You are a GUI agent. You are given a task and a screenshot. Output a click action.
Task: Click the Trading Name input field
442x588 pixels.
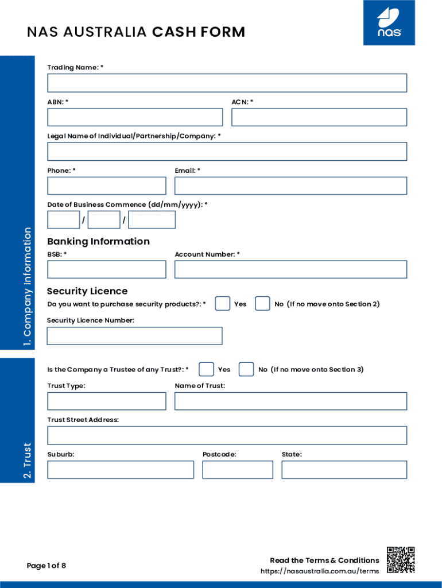(x=227, y=83)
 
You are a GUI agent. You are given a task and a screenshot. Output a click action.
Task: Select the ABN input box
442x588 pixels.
(x=135, y=117)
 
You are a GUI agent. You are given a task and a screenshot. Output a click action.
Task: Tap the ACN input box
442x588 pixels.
(x=319, y=117)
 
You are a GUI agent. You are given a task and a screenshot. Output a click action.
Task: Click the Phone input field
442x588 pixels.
(x=107, y=185)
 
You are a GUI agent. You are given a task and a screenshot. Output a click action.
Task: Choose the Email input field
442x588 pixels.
(x=290, y=185)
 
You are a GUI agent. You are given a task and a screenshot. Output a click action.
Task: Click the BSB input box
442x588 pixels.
(x=107, y=269)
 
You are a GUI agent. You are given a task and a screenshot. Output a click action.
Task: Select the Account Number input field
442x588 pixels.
(x=290, y=269)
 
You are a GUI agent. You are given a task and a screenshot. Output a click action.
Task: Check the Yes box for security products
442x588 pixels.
(x=223, y=304)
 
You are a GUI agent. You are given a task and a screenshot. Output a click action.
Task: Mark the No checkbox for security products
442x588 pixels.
(x=262, y=304)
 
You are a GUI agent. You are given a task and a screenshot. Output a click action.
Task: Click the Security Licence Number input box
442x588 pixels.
(x=134, y=336)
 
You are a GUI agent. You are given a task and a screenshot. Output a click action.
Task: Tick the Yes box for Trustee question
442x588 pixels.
(x=207, y=369)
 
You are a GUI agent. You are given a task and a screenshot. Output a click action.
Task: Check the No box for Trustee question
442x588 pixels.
(x=246, y=369)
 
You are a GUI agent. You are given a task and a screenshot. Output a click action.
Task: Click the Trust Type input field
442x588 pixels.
(x=107, y=401)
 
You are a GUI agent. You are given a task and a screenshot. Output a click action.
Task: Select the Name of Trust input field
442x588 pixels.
(x=290, y=401)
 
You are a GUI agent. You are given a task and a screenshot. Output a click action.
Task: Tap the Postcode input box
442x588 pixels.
(x=238, y=470)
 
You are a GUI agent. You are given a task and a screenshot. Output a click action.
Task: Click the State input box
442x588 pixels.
(x=344, y=470)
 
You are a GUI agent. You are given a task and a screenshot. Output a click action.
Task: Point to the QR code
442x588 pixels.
(x=401, y=560)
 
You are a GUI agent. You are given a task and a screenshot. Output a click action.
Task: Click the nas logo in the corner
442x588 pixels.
(x=389, y=23)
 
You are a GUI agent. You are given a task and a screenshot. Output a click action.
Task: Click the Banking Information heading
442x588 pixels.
(x=98, y=241)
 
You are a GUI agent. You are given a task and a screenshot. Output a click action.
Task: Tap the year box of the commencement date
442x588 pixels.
(x=152, y=220)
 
